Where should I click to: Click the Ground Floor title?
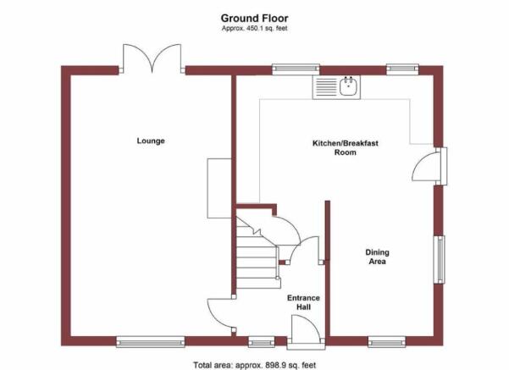pyautogui.click(x=254, y=18)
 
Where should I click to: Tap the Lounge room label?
pyautogui.click(x=151, y=141)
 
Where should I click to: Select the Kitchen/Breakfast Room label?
pyautogui.click(x=346, y=147)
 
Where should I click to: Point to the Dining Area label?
pyautogui.click(x=377, y=257)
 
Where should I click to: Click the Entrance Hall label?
pyautogui.click(x=303, y=302)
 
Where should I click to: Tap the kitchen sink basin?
pyautogui.click(x=348, y=86)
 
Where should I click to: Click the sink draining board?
pyautogui.click(x=326, y=87)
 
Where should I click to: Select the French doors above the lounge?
pyautogui.click(x=152, y=58)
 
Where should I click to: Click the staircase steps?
pyautogui.click(x=257, y=253)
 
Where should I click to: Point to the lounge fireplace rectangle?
pyautogui.click(x=219, y=188)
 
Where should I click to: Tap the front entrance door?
pyautogui.click(x=306, y=332)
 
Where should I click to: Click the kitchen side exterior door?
pyautogui.click(x=430, y=167)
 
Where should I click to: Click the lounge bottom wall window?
pyautogui.click(x=151, y=342)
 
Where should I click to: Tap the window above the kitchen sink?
pyautogui.click(x=296, y=69)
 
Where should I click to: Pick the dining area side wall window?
pyautogui.click(x=440, y=259)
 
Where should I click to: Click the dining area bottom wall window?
pyautogui.click(x=387, y=342)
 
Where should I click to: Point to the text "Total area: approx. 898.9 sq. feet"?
pyautogui.click(x=254, y=365)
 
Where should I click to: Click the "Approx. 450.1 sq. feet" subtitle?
pyautogui.click(x=254, y=28)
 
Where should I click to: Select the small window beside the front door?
pyautogui.click(x=262, y=342)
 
